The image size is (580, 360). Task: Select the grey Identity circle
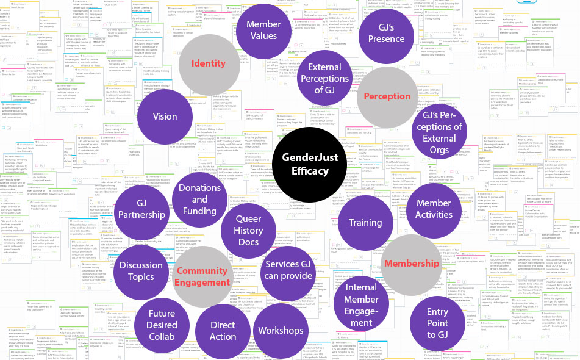coord(209,63)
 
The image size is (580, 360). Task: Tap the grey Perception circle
coord(387,96)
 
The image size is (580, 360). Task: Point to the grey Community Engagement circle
coord(201,276)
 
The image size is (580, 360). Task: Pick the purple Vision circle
coord(165,117)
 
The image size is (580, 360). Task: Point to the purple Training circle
coord(365,223)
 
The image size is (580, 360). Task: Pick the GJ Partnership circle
coord(141,209)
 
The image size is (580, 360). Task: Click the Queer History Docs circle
coord(248,231)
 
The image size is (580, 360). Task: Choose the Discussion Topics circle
coord(141,272)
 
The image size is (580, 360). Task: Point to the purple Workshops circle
coord(281,331)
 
